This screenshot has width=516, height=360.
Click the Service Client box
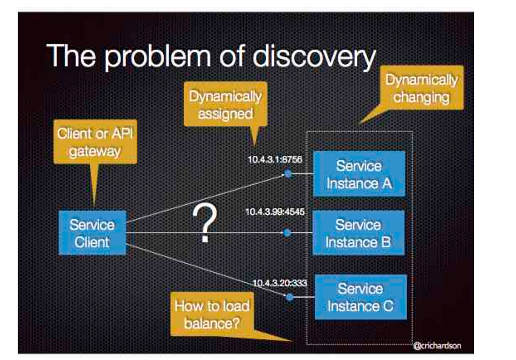(x=92, y=233)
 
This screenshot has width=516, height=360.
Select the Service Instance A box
(x=359, y=174)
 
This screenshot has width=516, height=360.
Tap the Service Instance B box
(x=358, y=233)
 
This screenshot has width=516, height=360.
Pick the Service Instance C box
(x=360, y=297)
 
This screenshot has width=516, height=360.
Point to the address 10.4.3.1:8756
(x=275, y=159)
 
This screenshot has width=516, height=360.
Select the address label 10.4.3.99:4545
(x=275, y=212)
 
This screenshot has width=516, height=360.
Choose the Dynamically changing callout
(x=421, y=89)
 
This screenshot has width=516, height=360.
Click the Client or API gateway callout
(x=95, y=142)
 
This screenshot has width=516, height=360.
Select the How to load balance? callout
(x=212, y=314)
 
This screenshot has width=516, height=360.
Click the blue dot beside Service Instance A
(x=288, y=174)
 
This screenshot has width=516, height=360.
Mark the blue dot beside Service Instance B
(x=287, y=233)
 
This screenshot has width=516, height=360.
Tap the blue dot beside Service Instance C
(x=290, y=297)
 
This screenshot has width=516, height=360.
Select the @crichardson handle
(x=437, y=345)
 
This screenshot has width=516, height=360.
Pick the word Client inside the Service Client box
(x=92, y=242)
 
